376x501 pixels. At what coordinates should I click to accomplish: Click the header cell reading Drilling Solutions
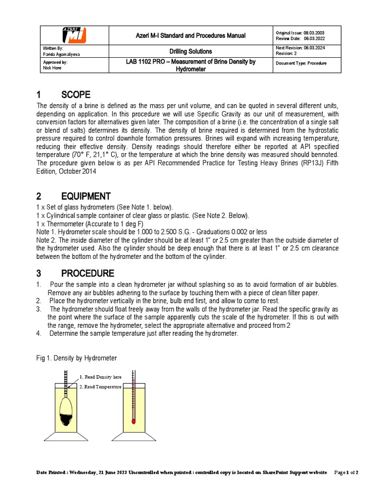pyautogui.click(x=190, y=51)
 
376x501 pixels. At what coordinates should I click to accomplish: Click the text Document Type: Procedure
pyautogui.click(x=301, y=64)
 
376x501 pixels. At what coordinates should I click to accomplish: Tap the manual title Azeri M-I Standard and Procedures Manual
pyautogui.click(x=190, y=36)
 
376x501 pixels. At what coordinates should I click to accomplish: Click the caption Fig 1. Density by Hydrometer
pyautogui.click(x=77, y=358)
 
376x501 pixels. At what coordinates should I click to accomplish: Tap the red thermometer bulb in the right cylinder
pyautogui.click(x=133, y=420)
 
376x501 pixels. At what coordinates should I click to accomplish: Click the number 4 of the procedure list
pyautogui.click(x=38, y=334)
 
